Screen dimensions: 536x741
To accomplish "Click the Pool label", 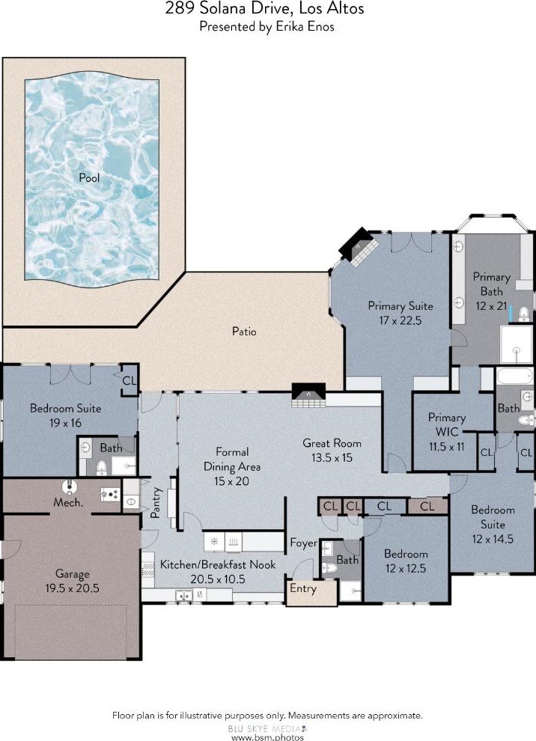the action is point(89,177).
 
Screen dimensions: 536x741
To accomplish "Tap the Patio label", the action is point(244,332).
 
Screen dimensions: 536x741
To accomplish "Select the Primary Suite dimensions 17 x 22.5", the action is point(401,320).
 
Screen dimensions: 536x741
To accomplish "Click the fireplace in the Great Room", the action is point(308,395).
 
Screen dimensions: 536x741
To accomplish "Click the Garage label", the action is point(73,574).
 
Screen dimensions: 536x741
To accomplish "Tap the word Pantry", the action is point(156,502).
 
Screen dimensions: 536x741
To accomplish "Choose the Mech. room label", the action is point(69,502).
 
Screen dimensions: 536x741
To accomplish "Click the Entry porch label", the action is point(303,588).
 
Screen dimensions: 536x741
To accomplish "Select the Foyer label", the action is point(304,543).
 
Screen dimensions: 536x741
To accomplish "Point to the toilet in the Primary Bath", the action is point(523,314).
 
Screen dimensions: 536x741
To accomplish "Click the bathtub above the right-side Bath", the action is point(514,376).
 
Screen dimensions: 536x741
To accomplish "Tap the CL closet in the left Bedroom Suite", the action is point(130,380).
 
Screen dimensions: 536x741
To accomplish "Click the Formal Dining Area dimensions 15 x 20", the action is point(231,481).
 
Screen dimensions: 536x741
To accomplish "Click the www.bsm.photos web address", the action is point(267,737).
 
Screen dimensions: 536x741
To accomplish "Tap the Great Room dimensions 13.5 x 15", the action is point(332,458).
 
